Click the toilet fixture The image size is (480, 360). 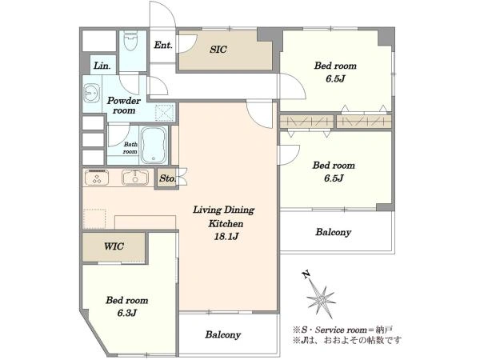(131, 41)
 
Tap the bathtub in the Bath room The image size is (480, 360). (154, 145)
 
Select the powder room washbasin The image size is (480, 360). (91, 93)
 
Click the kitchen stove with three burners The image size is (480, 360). (97, 178)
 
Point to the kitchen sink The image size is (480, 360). (135, 178)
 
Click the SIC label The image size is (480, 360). (218, 50)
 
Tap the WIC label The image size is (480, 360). (114, 246)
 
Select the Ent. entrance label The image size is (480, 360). (163, 46)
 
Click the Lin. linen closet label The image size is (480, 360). (102, 66)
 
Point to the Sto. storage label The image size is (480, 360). (167, 178)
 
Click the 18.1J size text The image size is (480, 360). (226, 237)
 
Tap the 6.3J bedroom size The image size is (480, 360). (126, 313)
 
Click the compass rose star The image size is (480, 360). (321, 299)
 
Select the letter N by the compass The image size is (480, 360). (306, 274)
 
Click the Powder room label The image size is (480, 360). (124, 106)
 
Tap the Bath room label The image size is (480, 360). (130, 148)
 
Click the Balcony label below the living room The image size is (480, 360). (223, 334)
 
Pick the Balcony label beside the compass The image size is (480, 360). (333, 232)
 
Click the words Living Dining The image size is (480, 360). (223, 210)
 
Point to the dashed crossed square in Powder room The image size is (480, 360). (165, 112)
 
